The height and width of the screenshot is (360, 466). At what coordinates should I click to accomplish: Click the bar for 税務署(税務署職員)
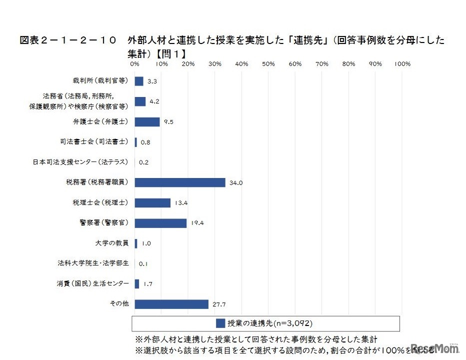pyautogui.click(x=180, y=182)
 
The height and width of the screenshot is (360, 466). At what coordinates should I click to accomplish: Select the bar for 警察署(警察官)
pyautogui.click(x=160, y=223)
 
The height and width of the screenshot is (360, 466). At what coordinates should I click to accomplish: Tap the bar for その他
pyautogui.click(x=171, y=304)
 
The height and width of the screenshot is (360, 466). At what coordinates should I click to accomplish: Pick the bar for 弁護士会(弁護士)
pyautogui.click(x=147, y=122)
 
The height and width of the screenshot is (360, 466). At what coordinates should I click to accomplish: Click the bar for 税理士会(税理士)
pyautogui.click(x=152, y=202)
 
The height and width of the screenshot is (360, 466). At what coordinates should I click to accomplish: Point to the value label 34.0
pyautogui.click(x=236, y=183)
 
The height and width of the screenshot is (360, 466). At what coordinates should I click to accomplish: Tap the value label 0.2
pyautogui.click(x=144, y=162)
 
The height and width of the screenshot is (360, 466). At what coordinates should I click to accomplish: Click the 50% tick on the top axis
pyautogui.click(x=268, y=64)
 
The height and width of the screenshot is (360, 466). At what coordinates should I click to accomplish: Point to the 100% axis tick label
pyautogui.click(x=402, y=64)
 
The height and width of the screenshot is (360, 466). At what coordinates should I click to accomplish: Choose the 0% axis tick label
pyautogui.click(x=134, y=64)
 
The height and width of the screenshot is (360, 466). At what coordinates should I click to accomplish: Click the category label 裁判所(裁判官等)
pyautogui.click(x=100, y=81)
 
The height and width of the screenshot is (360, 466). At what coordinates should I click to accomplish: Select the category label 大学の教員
pyautogui.click(x=112, y=243)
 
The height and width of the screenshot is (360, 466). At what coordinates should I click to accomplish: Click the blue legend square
pyautogui.click(x=220, y=323)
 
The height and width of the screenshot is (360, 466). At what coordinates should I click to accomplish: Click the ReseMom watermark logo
pyautogui.click(x=435, y=348)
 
